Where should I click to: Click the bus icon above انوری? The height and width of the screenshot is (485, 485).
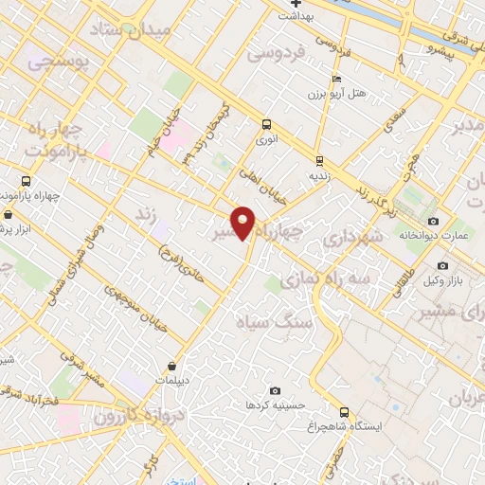(266, 124)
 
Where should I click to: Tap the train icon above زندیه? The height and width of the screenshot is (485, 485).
(319, 160)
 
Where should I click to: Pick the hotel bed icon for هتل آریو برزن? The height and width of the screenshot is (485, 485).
(335, 80)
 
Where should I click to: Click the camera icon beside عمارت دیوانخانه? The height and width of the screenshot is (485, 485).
(433, 220)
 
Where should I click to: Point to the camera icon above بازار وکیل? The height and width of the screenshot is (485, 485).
(443, 266)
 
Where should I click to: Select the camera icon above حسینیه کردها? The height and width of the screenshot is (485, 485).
(275, 390)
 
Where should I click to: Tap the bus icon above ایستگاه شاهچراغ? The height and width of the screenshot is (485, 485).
(344, 412)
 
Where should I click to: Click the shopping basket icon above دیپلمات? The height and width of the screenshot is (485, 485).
(171, 366)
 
